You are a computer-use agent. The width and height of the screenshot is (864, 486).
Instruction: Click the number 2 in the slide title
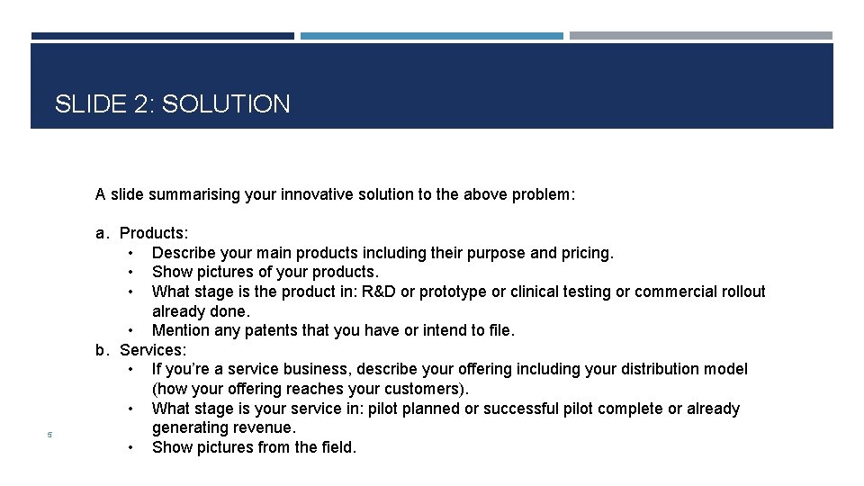pyautogui.click(x=143, y=104)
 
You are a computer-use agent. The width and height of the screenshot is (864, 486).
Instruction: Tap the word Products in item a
pyautogui.click(x=153, y=234)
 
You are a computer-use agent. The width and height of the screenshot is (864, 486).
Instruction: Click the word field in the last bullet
pyautogui.click(x=332, y=447)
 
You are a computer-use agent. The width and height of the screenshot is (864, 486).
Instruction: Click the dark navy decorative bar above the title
pyautogui.click(x=162, y=36)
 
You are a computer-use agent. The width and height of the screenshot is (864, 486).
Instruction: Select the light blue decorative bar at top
pyautogui.click(x=431, y=36)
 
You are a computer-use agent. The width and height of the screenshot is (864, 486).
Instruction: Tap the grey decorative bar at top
pyautogui.click(x=700, y=36)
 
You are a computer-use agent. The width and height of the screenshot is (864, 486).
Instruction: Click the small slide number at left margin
pyautogui.click(x=50, y=436)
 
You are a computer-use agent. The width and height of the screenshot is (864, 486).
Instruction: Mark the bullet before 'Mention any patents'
pyautogui.click(x=132, y=330)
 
